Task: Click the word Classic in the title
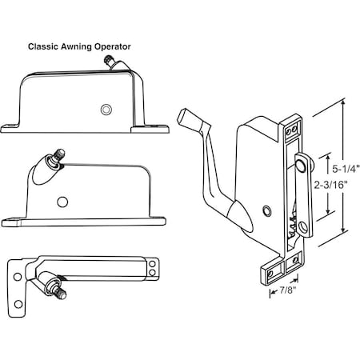[44, 46]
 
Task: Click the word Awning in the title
[79, 46]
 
